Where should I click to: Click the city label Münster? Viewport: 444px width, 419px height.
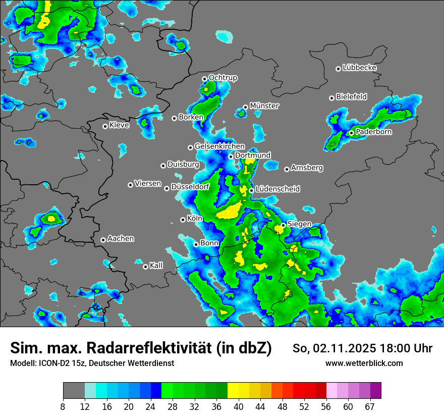(264, 106)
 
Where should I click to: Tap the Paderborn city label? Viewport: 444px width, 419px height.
(373, 132)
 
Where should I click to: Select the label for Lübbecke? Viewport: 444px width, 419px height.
(359, 68)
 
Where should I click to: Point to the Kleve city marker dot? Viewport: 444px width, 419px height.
(105, 126)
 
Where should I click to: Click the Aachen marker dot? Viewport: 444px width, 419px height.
(103, 240)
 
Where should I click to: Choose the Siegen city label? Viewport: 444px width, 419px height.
(299, 224)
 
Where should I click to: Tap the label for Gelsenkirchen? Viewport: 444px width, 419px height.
(219, 146)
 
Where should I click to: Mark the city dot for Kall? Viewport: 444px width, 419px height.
(145, 267)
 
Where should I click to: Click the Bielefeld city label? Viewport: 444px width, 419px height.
(351, 97)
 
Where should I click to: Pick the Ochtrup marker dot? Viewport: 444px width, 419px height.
(204, 79)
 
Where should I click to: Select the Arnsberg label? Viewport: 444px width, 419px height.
(307, 168)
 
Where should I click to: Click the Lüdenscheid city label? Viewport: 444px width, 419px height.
(277, 189)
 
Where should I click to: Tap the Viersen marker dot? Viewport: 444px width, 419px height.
(130, 185)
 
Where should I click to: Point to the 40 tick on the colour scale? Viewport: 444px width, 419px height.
(239, 406)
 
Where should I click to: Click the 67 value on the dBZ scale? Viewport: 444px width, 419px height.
(370, 406)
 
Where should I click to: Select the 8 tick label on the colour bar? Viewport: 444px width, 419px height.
(63, 406)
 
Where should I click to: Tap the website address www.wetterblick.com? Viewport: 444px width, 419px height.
(364, 363)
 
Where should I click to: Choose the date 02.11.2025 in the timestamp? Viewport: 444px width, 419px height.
(345, 348)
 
